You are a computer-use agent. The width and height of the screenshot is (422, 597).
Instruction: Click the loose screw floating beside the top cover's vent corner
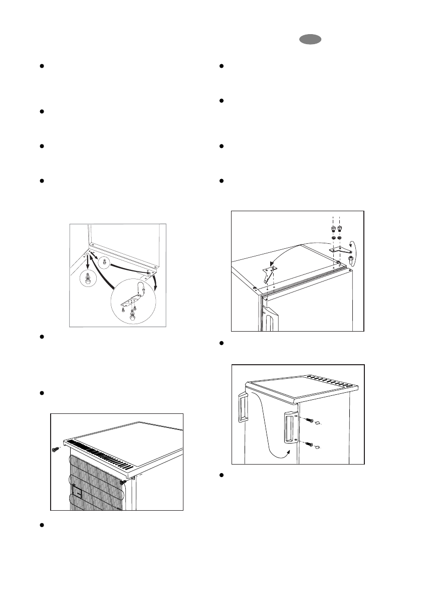55,449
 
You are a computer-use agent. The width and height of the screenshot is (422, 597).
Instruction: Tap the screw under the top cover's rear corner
122,482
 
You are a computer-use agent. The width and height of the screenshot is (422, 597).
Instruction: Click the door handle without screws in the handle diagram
243,408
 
